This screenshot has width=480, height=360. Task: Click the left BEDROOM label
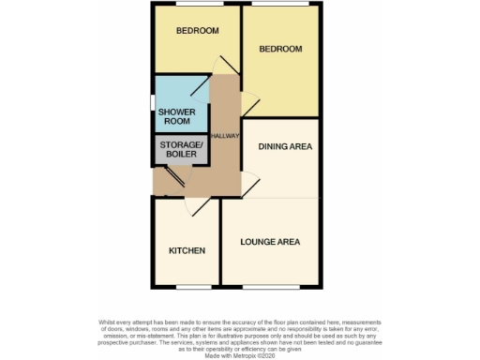click(x=198, y=31)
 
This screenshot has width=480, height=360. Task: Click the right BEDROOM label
click(x=280, y=49)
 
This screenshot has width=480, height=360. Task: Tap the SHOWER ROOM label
click(x=175, y=116)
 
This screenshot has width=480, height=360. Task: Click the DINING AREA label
click(x=285, y=146)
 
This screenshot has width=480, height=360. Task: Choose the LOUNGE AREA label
click(x=270, y=242)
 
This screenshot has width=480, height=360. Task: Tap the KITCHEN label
click(x=187, y=250)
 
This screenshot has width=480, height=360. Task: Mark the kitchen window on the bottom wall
click(x=186, y=284)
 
